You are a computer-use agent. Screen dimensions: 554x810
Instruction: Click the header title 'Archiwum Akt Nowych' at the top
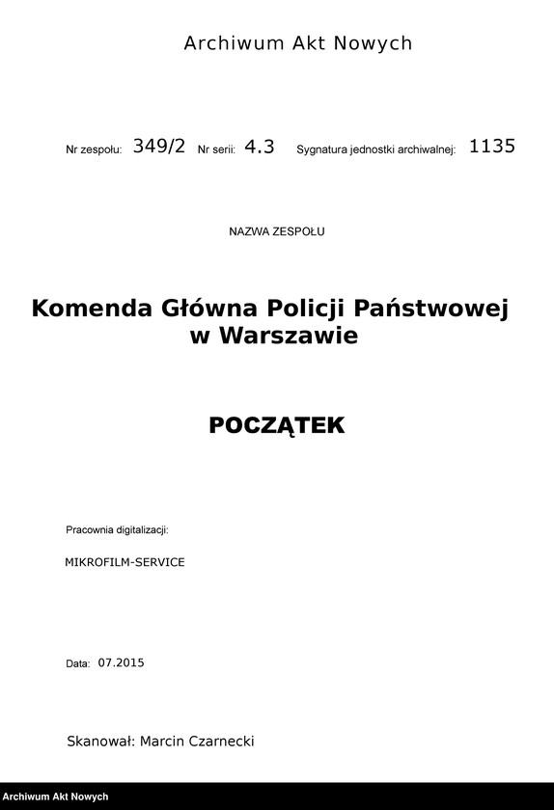[x=297, y=43]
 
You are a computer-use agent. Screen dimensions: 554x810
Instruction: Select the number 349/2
[x=158, y=147]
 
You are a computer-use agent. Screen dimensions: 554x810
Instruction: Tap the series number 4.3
[x=260, y=147]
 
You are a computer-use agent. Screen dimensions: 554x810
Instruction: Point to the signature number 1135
[x=492, y=147]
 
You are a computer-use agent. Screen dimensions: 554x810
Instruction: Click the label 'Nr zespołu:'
[x=94, y=150]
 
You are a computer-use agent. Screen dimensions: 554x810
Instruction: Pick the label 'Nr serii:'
[x=216, y=150]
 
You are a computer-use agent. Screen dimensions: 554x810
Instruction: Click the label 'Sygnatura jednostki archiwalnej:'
[x=375, y=150]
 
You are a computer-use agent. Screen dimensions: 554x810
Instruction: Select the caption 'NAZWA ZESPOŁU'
[x=277, y=232]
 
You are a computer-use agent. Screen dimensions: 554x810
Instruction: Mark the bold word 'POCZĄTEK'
[x=276, y=425]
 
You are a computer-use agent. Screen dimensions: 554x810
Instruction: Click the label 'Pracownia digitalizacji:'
[x=118, y=530]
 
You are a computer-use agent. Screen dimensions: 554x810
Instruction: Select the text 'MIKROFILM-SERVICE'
[x=125, y=561]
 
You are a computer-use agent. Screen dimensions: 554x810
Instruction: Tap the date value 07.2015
[x=121, y=663]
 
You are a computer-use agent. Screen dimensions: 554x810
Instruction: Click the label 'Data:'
[x=77, y=664]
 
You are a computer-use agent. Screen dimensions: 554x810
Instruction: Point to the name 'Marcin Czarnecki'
[x=197, y=741]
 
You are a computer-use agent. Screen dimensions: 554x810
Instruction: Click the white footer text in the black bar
[x=55, y=797]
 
